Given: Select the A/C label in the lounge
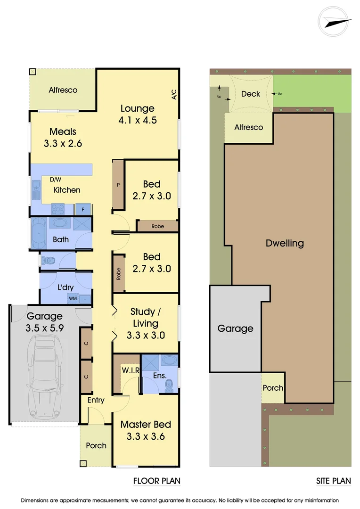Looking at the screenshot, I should tap(174, 95).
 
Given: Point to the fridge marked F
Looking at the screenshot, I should tap(83, 209).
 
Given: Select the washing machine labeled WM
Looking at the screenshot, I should tap(73, 298).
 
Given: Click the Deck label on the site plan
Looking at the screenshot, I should tap(250, 94).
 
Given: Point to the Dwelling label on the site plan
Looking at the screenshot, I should tap(285, 244).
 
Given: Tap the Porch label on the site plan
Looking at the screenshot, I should tap(273, 388).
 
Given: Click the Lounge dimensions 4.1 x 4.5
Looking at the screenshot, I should tap(138, 120).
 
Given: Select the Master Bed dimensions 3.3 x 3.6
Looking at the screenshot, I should tap(146, 436).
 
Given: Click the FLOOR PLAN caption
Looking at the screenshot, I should tap(156, 481).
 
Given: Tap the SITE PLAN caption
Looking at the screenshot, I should tap(334, 481).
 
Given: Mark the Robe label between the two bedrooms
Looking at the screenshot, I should tap(158, 227).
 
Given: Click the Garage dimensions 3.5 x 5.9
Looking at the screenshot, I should tap(44, 328).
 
